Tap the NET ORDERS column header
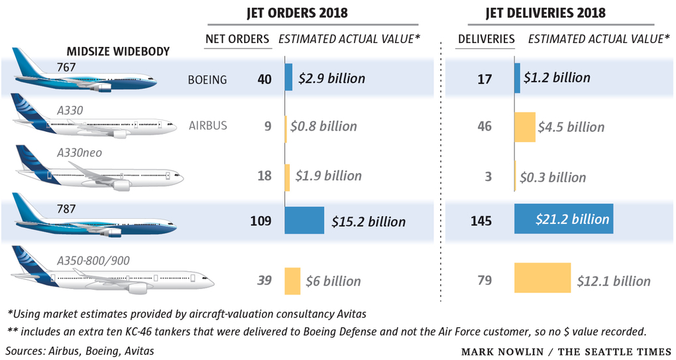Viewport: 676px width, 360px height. (x=237, y=38)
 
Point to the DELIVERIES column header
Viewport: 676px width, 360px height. (x=486, y=38)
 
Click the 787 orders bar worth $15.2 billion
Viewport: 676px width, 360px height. (x=304, y=221)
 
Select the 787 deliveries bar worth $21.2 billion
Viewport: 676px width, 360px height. (x=563, y=219)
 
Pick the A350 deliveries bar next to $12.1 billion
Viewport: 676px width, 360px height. (x=542, y=278)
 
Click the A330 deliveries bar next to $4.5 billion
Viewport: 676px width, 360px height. (x=524, y=127)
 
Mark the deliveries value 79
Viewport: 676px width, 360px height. (x=484, y=280)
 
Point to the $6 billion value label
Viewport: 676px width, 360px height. (x=333, y=281)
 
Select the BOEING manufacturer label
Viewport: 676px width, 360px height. (x=207, y=80)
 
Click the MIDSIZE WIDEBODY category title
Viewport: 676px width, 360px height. (x=118, y=51)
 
